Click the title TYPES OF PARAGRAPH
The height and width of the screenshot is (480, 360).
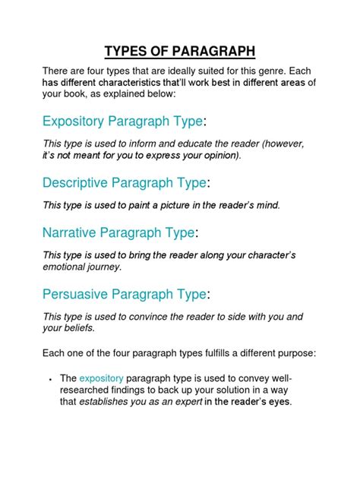180,52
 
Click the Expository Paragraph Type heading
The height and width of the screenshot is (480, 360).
124,122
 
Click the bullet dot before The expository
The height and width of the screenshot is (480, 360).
49,377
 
